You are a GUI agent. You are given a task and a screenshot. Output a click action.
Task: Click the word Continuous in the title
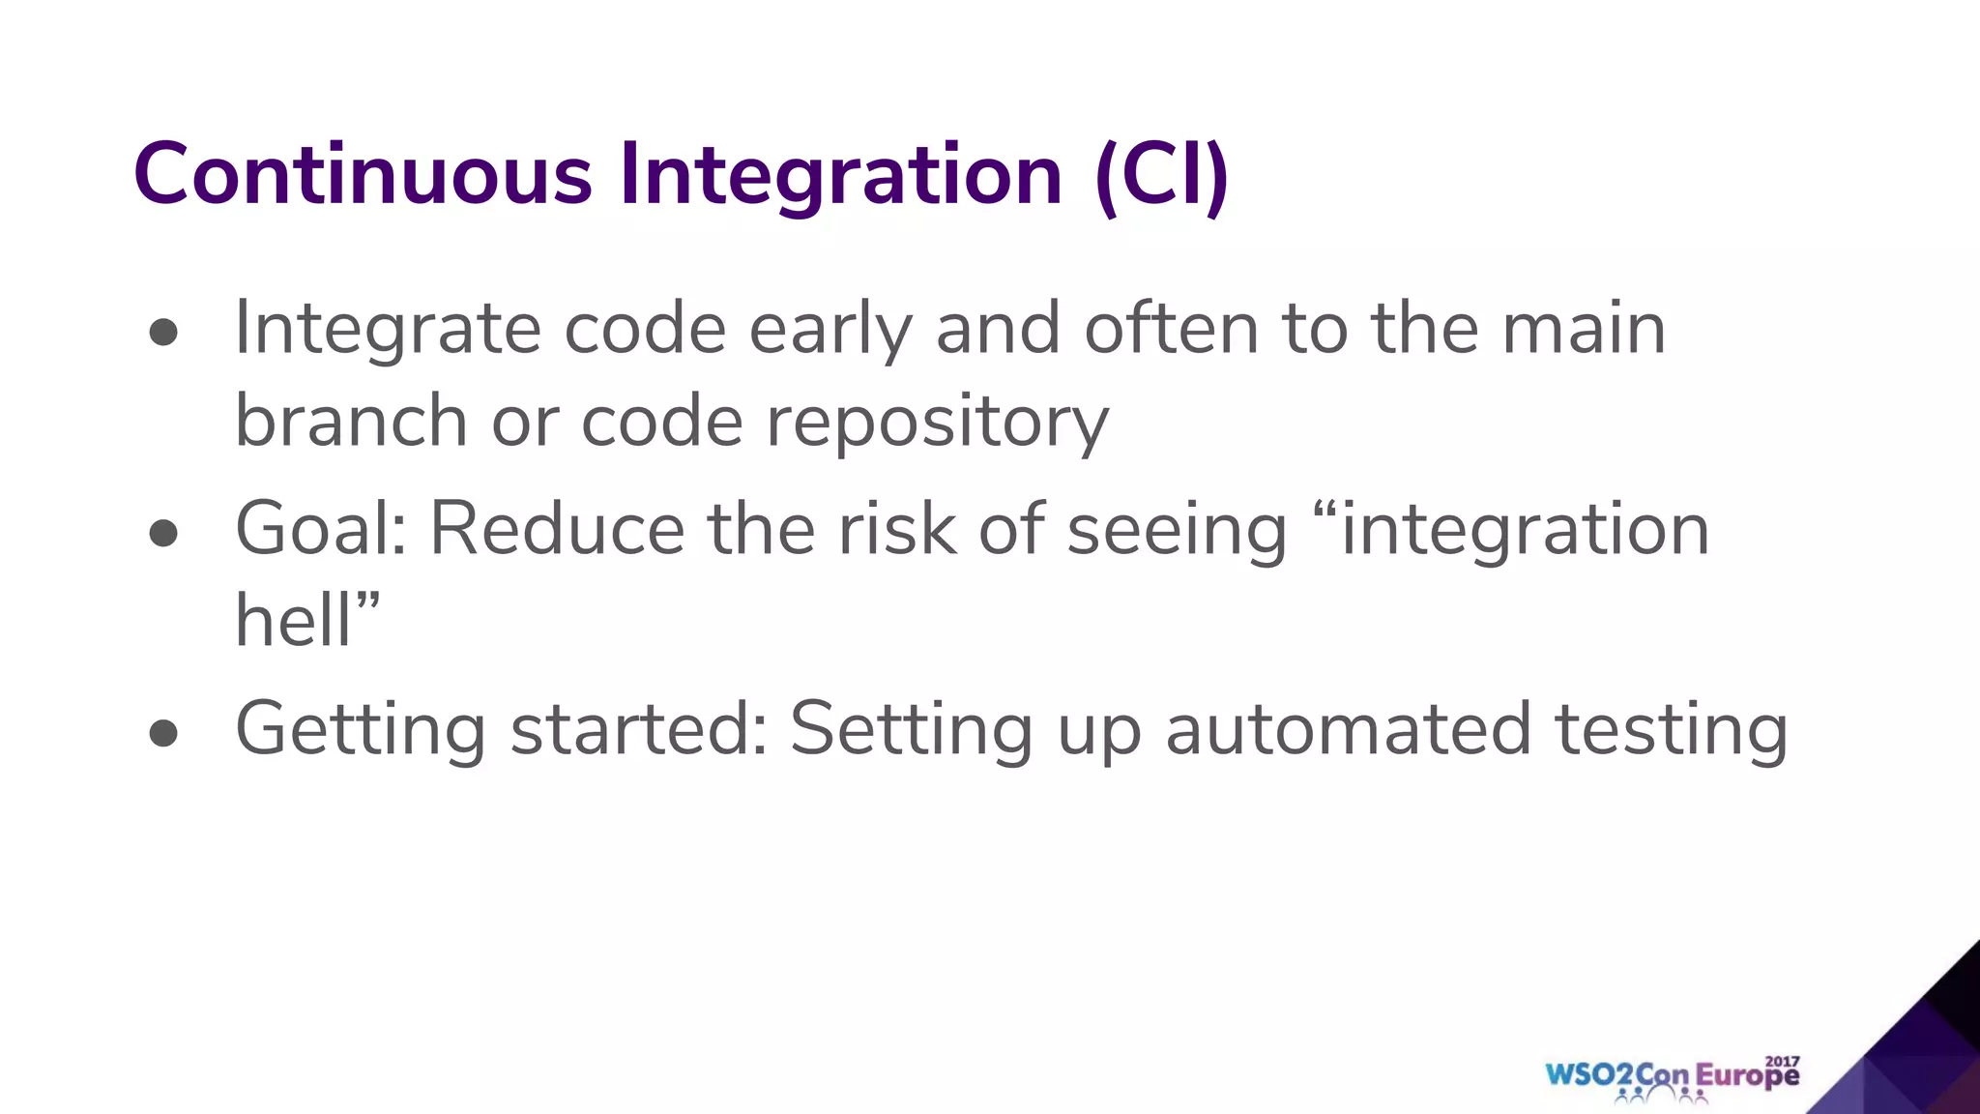click(x=363, y=175)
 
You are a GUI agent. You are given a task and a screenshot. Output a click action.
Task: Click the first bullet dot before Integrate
click(x=164, y=333)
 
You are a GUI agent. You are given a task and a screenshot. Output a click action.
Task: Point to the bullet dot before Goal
click(x=164, y=533)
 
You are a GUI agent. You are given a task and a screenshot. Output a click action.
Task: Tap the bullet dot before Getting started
click(x=164, y=733)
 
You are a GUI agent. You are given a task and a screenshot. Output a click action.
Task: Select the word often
click(x=1171, y=330)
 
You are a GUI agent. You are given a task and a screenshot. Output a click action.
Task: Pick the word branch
click(x=351, y=422)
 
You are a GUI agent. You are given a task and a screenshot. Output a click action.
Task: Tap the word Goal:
click(x=321, y=530)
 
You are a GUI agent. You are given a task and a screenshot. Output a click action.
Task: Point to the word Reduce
click(x=557, y=530)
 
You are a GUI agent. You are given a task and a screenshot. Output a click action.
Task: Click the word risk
click(x=896, y=530)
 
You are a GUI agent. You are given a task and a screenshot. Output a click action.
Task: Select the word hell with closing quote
click(x=307, y=621)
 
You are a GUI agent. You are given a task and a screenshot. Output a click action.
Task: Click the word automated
click(x=1348, y=730)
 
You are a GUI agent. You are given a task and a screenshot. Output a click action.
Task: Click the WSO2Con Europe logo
click(x=1672, y=1077)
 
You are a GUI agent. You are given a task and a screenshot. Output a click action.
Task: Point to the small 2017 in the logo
click(x=1782, y=1061)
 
